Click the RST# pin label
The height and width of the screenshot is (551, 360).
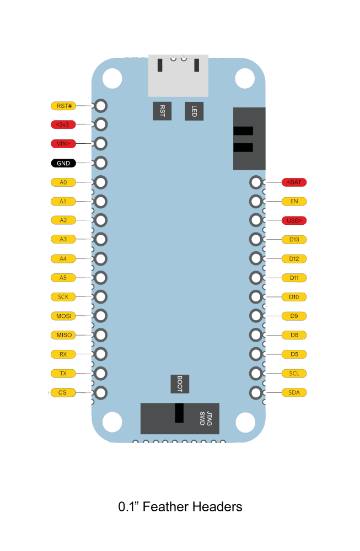pos(63,106)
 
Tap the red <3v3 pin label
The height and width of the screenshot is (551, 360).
pos(63,125)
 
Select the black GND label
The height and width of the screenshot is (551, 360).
pos(63,163)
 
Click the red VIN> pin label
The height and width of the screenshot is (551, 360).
pos(63,143)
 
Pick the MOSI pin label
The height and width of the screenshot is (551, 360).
pos(63,316)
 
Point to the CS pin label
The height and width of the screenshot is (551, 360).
pos(63,392)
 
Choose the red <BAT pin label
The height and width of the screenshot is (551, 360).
pos(294,182)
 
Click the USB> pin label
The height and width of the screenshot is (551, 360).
pos(294,221)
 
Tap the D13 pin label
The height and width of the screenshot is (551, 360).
pos(294,240)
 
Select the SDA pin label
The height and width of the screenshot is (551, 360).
pos(294,392)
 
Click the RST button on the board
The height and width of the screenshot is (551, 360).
pos(163,111)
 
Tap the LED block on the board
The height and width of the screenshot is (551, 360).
pos(194,111)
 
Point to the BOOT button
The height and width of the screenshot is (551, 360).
pos(180,384)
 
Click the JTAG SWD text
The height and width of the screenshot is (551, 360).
pos(206,419)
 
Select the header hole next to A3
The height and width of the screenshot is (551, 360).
pos(101,239)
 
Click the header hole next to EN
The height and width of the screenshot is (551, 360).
pos(256,201)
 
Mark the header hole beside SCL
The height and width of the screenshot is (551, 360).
pos(256,373)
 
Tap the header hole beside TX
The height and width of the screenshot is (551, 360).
pos(101,373)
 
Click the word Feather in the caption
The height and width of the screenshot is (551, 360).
pos(165,507)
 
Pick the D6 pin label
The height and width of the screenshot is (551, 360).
pos(294,335)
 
